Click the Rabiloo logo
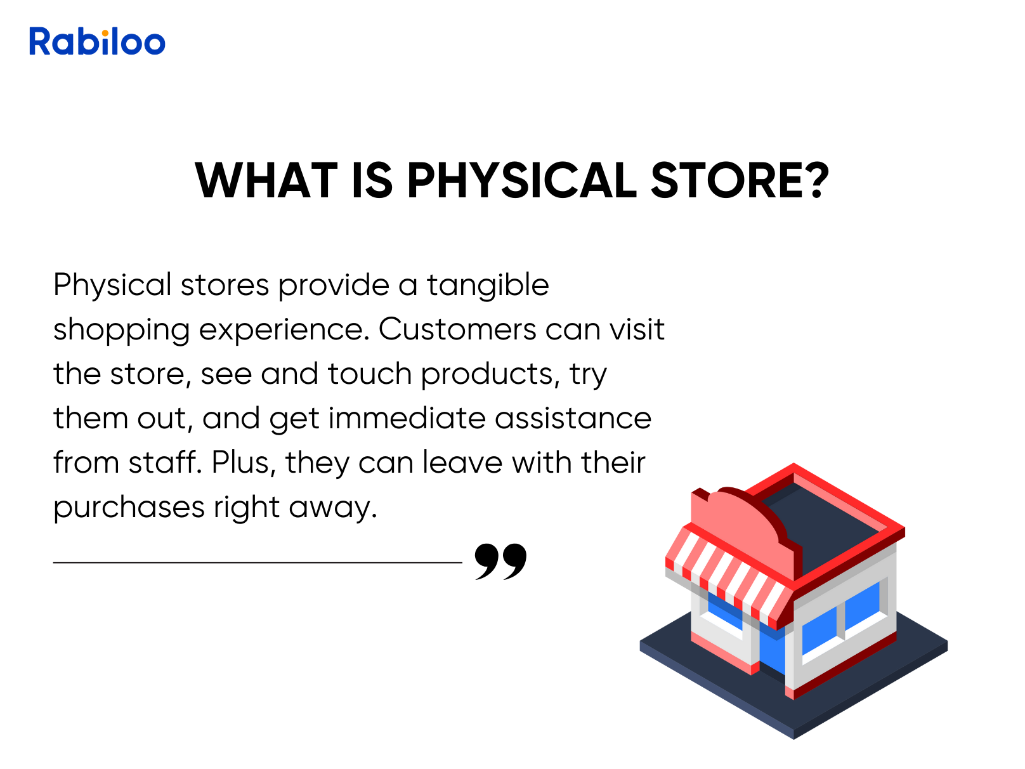(97, 41)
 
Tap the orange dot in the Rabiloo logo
(105, 33)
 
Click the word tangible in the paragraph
(488, 286)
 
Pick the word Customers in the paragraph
(457, 329)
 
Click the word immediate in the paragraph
(407, 418)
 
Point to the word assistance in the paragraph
(573, 418)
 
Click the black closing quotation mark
(500, 562)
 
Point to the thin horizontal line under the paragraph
(258, 563)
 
